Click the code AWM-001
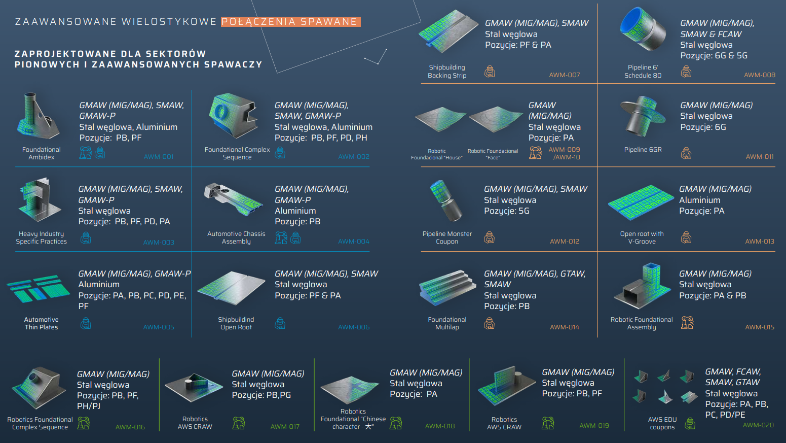point(159,157)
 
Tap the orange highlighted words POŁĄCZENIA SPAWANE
point(289,22)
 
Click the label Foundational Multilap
point(447,323)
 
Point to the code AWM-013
point(760,242)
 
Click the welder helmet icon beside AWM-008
point(686,72)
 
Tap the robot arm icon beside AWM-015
point(687,323)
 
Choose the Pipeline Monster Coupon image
point(446,200)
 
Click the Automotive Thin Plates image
point(38,288)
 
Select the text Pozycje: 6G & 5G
point(714,55)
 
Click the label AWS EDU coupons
point(662,423)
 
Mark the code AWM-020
point(758,425)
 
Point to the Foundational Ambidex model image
point(38,116)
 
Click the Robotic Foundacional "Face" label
point(493,154)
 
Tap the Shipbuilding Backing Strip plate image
point(448,31)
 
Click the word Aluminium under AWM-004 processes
point(295,211)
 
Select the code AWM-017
point(285,427)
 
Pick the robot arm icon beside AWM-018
point(396,423)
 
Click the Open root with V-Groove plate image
point(641,202)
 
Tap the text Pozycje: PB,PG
point(261,395)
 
